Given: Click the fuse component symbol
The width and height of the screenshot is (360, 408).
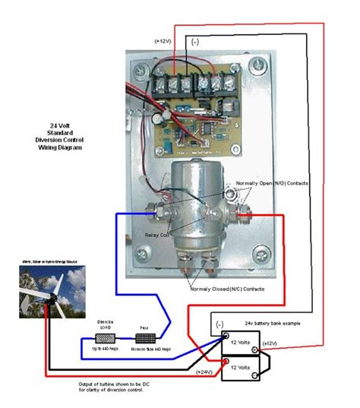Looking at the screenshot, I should tap(144, 336).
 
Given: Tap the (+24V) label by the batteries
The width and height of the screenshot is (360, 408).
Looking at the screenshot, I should tap(204, 372).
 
